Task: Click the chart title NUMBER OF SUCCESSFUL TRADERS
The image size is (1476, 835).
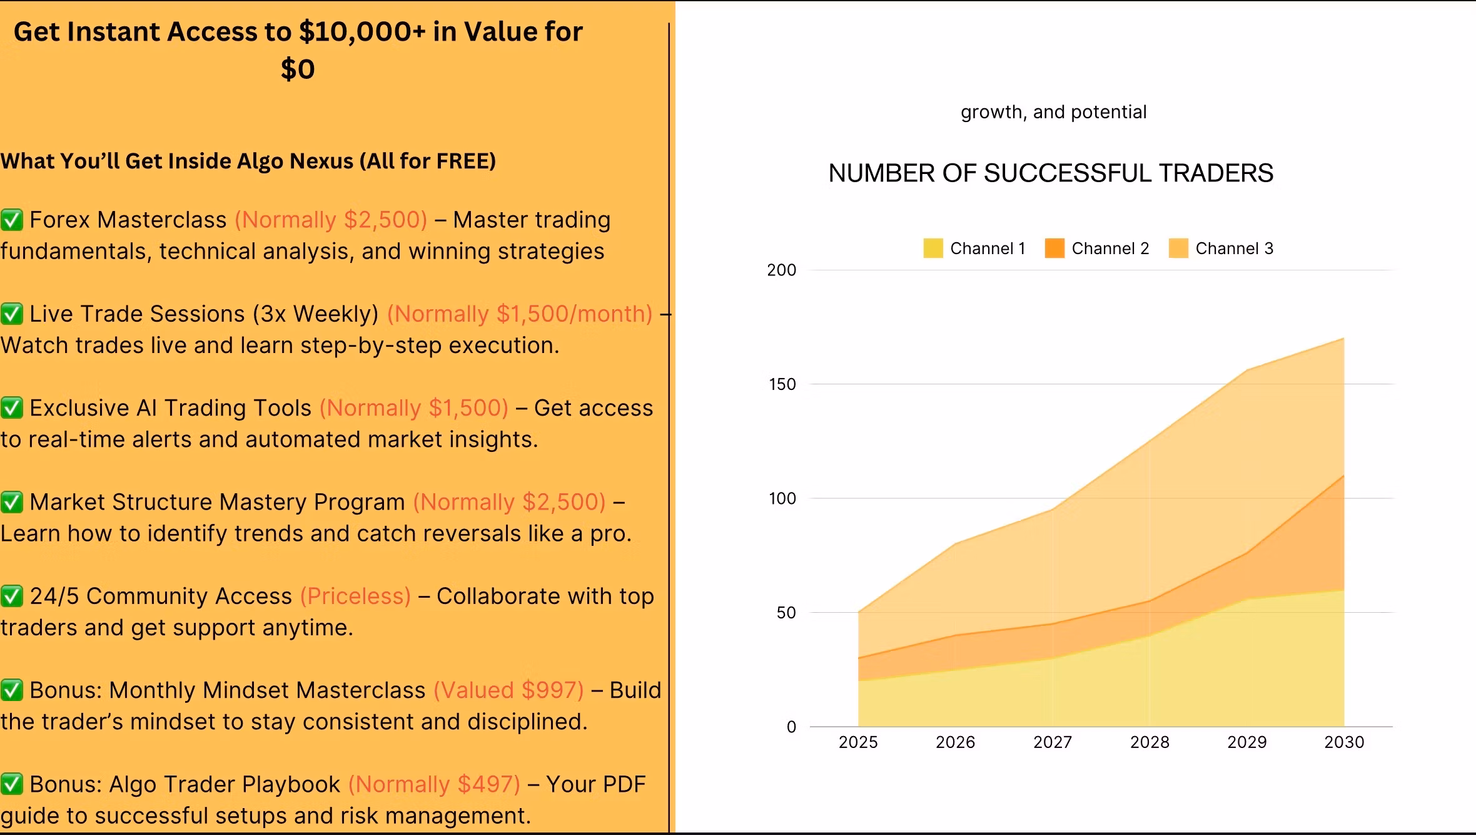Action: [x=1051, y=173]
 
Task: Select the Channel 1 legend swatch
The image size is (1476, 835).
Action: [x=933, y=248]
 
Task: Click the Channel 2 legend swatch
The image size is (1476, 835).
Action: [x=1054, y=248]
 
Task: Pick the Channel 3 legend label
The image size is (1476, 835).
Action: [x=1234, y=248]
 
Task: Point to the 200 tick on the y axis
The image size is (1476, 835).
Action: [x=782, y=270]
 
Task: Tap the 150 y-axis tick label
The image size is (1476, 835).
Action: [x=782, y=384]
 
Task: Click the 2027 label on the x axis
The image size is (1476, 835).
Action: [x=1053, y=742]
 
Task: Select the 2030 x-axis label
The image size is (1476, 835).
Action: [x=1344, y=742]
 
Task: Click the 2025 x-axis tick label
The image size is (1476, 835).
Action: [x=858, y=742]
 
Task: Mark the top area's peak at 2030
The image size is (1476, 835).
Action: [x=1343, y=339]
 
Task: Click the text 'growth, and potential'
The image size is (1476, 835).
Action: [x=1053, y=112]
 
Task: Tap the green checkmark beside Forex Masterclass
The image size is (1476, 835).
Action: [x=12, y=220]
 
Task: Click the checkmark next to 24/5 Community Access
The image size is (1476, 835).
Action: [x=12, y=597]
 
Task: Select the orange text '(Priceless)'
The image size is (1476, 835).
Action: [x=355, y=597]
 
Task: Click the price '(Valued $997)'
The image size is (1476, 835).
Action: [x=508, y=690]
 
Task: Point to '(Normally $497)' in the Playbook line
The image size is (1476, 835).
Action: [x=434, y=784]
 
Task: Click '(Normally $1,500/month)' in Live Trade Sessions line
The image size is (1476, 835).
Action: [x=520, y=314]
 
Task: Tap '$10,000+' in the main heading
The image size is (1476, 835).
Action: [x=362, y=32]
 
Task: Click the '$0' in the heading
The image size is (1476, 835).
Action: [x=298, y=69]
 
